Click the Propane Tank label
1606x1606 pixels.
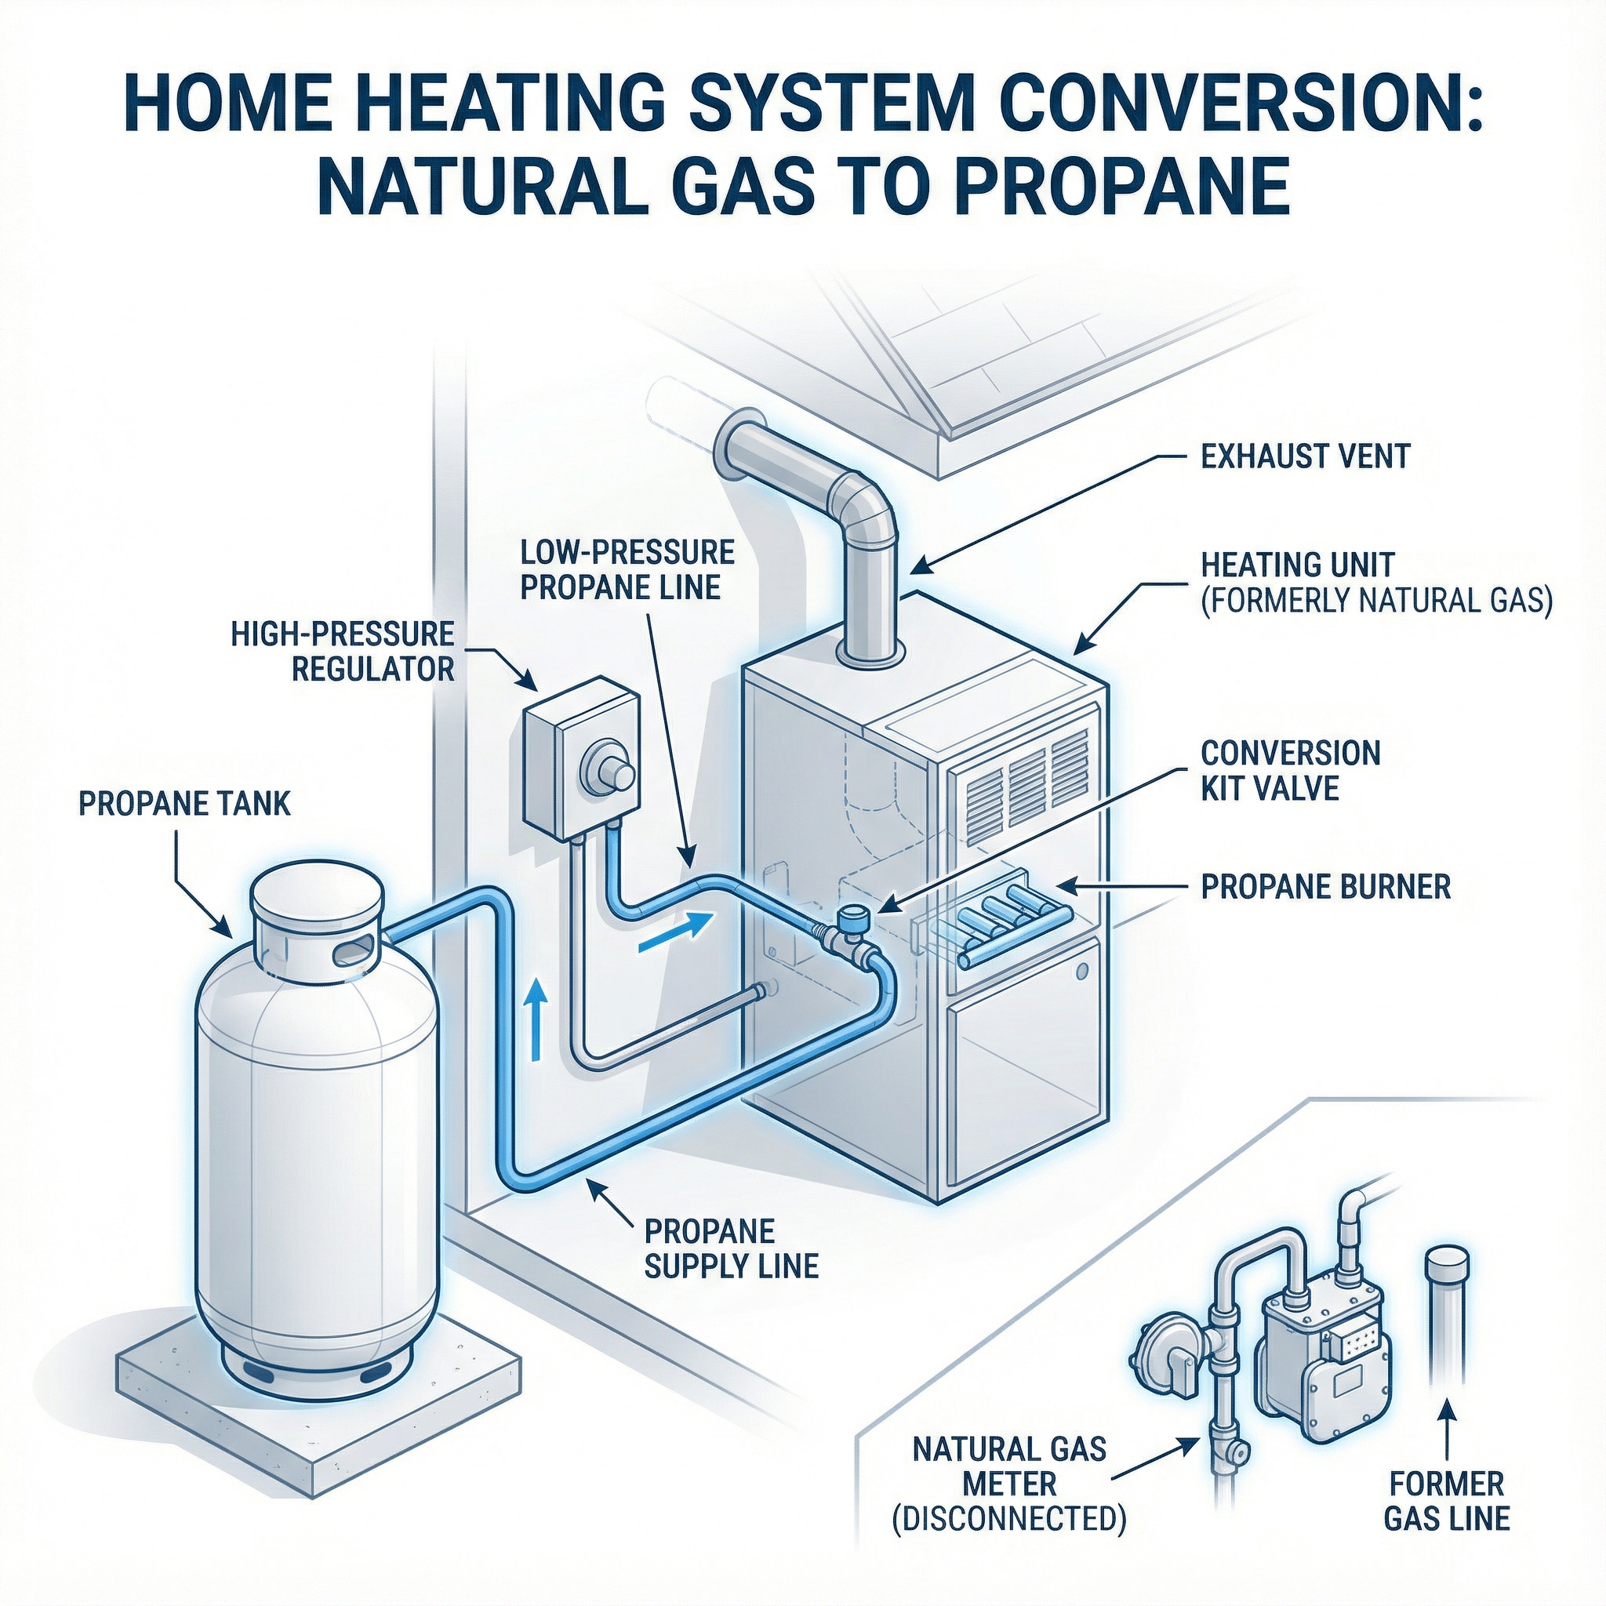184,803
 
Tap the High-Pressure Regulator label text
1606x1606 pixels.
343,651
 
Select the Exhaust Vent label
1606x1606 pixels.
1306,456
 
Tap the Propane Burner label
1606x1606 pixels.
1326,887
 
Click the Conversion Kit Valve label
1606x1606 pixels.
1290,770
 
